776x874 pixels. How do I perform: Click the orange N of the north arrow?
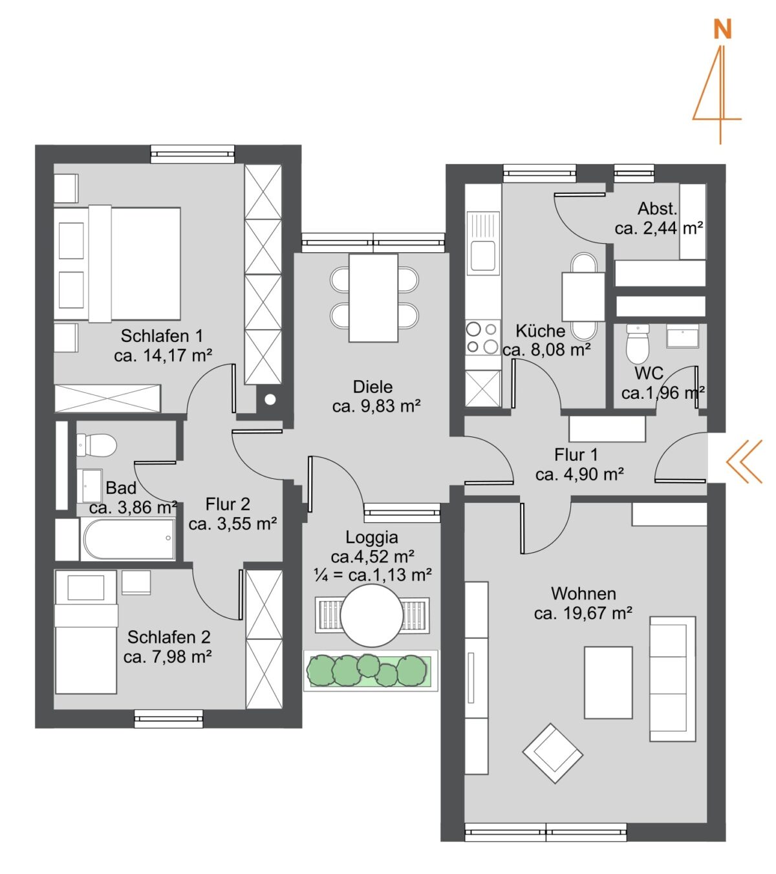[722, 30]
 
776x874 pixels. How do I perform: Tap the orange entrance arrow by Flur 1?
[744, 461]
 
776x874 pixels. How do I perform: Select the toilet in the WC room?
[637, 344]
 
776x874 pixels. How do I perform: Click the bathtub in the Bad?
[128, 538]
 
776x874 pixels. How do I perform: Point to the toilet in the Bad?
[96, 445]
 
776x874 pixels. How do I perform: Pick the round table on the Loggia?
[372, 615]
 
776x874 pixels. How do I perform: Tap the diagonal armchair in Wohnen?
[552, 753]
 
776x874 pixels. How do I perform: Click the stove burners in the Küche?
[482, 338]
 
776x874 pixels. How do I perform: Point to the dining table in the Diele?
[373, 298]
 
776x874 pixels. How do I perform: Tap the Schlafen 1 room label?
[162, 336]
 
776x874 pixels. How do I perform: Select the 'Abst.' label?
[657, 209]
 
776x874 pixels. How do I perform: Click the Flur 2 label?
[228, 504]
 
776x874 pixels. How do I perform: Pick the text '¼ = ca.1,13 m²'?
[372, 575]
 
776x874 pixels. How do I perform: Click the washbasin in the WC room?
[682, 336]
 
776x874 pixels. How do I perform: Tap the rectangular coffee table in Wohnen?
[608, 683]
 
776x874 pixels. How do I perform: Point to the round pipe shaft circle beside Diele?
[270, 400]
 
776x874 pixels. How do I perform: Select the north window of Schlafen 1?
[193, 154]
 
